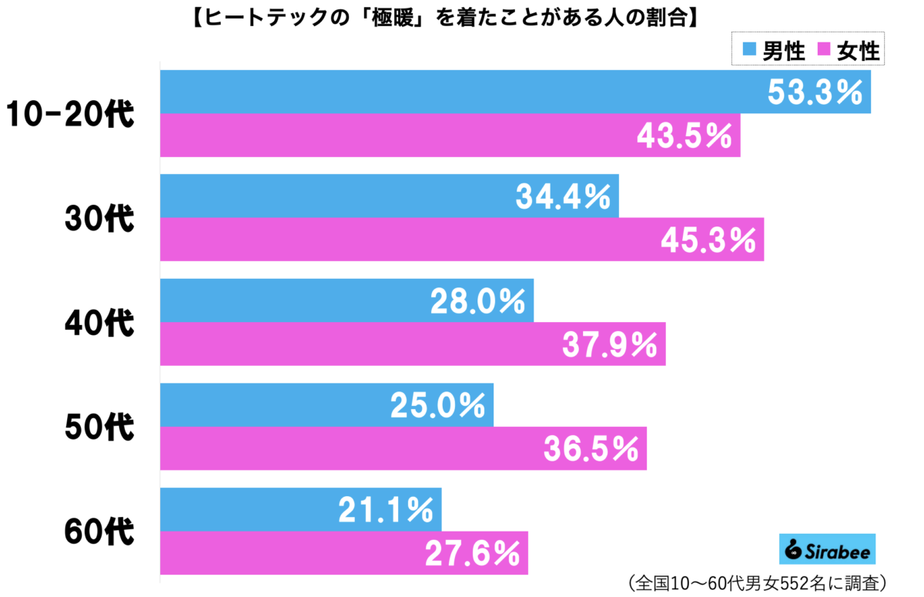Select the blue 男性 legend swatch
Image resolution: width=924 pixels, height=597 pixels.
click(748, 52)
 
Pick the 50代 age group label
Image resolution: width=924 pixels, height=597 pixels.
click(98, 427)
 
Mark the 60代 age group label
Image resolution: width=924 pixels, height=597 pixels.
click(98, 531)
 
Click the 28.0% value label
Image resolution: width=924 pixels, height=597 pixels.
click(478, 301)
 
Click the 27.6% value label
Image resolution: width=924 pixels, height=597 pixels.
click(472, 552)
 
